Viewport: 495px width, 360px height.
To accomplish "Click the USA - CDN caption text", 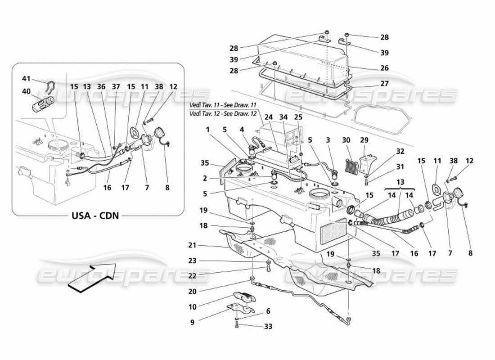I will tap(95, 215).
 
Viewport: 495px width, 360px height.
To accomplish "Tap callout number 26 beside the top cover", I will tap(384, 69).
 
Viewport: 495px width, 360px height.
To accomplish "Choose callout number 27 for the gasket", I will tap(384, 83).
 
